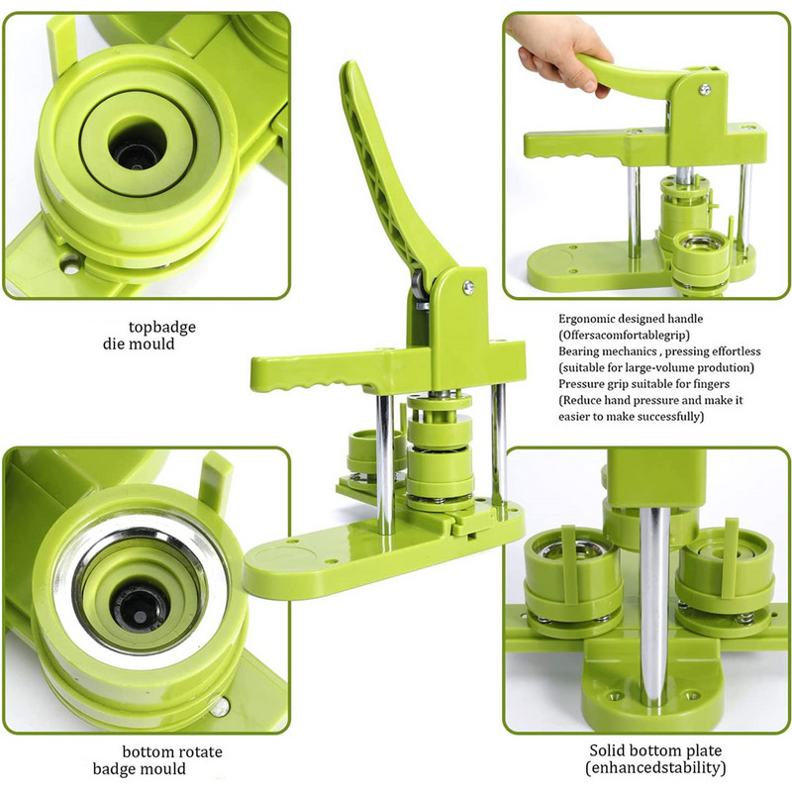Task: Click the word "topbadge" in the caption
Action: (x=161, y=328)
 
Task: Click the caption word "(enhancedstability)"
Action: (x=655, y=768)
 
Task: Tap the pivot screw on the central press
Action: (x=468, y=288)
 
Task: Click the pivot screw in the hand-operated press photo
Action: (x=705, y=90)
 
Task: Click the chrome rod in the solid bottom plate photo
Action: (x=654, y=606)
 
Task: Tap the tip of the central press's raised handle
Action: (x=348, y=64)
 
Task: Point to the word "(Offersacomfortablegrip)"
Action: (x=624, y=335)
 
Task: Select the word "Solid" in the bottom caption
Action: (x=607, y=750)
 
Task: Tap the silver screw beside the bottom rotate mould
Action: (x=220, y=707)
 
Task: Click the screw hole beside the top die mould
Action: (x=70, y=264)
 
